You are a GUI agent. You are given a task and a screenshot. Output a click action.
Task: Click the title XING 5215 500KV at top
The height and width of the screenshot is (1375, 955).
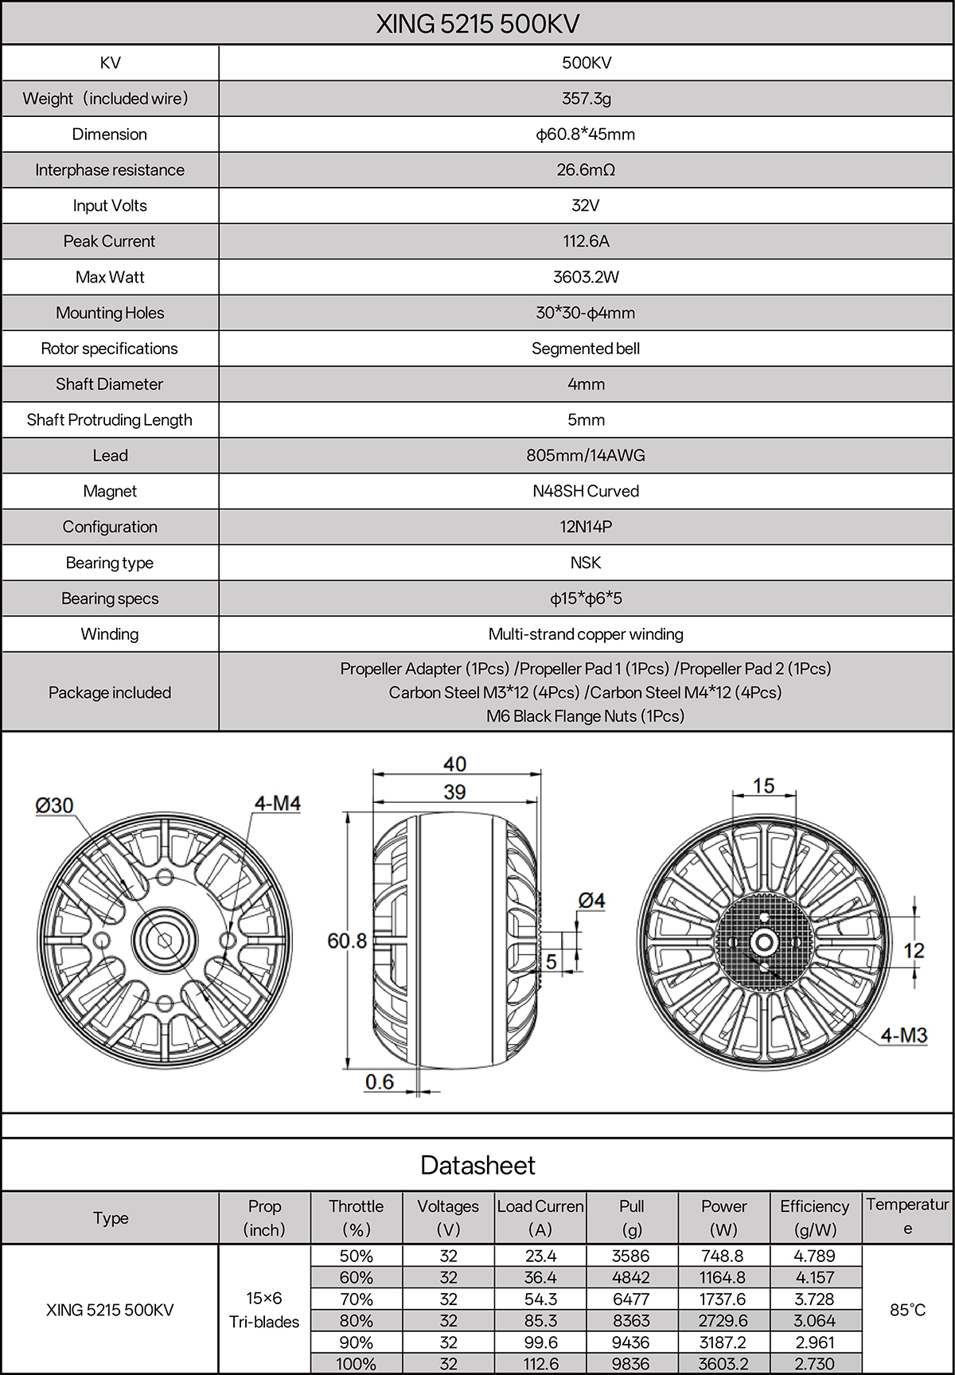coord(477,24)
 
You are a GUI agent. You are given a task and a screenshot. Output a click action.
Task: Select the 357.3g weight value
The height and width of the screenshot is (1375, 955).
coord(586,99)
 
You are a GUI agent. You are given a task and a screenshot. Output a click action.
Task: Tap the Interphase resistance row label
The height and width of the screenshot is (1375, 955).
coord(110,169)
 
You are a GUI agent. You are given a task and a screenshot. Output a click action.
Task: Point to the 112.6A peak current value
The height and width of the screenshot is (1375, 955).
coord(586,241)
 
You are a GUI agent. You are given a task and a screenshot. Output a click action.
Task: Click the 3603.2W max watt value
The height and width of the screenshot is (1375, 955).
coord(586,277)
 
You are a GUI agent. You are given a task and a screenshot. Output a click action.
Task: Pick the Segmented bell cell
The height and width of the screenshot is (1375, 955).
coord(586,349)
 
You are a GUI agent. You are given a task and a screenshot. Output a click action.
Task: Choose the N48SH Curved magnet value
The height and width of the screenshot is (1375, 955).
coord(586,491)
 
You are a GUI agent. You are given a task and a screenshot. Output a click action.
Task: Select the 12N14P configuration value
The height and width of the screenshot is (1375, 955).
coord(586,527)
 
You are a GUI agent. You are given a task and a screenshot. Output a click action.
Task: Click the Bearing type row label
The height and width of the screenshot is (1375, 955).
coord(110,563)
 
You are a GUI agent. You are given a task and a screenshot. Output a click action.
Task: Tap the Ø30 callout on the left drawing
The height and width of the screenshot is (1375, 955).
coord(54,805)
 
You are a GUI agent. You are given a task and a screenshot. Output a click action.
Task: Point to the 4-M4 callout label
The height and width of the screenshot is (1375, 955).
coord(277,804)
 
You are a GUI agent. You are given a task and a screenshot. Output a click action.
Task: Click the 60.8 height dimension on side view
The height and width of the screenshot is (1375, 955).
coord(347,941)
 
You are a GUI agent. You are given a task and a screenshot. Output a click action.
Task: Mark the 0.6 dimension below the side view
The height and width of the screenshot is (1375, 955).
coord(380,1081)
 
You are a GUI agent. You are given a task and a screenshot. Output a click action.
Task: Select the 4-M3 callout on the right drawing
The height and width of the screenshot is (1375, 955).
coord(904,1034)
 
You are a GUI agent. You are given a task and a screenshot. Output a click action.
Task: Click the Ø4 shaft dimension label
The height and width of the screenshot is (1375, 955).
coord(591,900)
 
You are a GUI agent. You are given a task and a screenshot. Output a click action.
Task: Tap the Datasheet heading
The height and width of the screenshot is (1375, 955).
coord(477,1165)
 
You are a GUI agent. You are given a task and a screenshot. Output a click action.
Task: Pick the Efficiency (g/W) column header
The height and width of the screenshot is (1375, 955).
coord(815,1217)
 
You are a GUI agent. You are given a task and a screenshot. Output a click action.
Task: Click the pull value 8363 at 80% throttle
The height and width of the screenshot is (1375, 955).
coord(632,1320)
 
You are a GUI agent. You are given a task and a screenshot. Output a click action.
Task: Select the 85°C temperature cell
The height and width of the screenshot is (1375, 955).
coord(907,1310)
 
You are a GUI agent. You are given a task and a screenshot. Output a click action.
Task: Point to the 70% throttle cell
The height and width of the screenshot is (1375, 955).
coord(356,1299)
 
